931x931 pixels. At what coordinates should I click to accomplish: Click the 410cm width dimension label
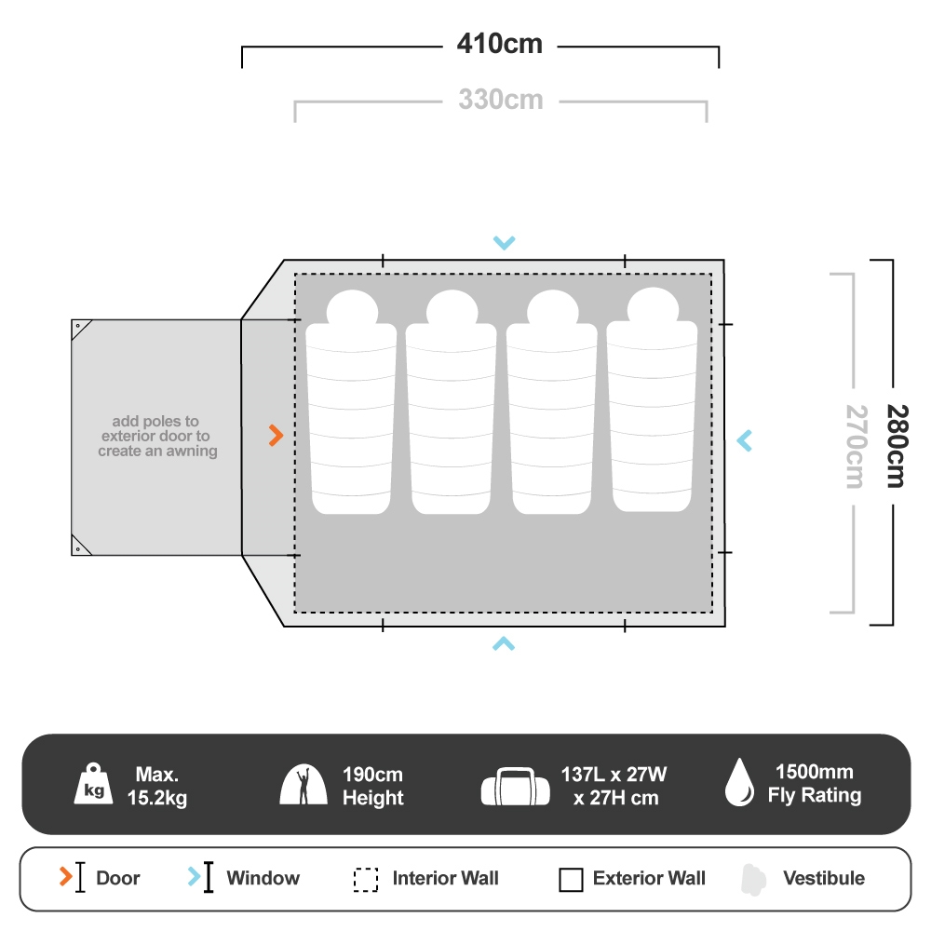tap(499, 44)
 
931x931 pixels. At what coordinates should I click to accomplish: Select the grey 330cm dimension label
tap(500, 99)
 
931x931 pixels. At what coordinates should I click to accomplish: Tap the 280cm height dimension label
tap(895, 445)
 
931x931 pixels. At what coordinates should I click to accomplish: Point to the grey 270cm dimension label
tap(855, 445)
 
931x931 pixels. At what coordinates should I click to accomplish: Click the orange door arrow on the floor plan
tap(276, 436)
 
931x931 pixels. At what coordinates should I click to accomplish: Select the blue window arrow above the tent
tap(504, 243)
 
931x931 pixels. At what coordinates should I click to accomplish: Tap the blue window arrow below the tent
tap(504, 642)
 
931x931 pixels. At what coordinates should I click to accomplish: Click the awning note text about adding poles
tap(157, 436)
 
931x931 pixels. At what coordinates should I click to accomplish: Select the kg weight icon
tap(93, 785)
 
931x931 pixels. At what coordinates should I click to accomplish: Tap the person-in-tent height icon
tap(304, 785)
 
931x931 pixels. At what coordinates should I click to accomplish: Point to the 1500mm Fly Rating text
tap(814, 784)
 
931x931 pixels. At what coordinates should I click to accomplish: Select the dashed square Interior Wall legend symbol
tap(366, 879)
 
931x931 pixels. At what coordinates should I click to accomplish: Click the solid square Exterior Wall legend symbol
tap(571, 879)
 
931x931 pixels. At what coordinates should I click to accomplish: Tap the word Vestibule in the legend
tap(823, 878)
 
